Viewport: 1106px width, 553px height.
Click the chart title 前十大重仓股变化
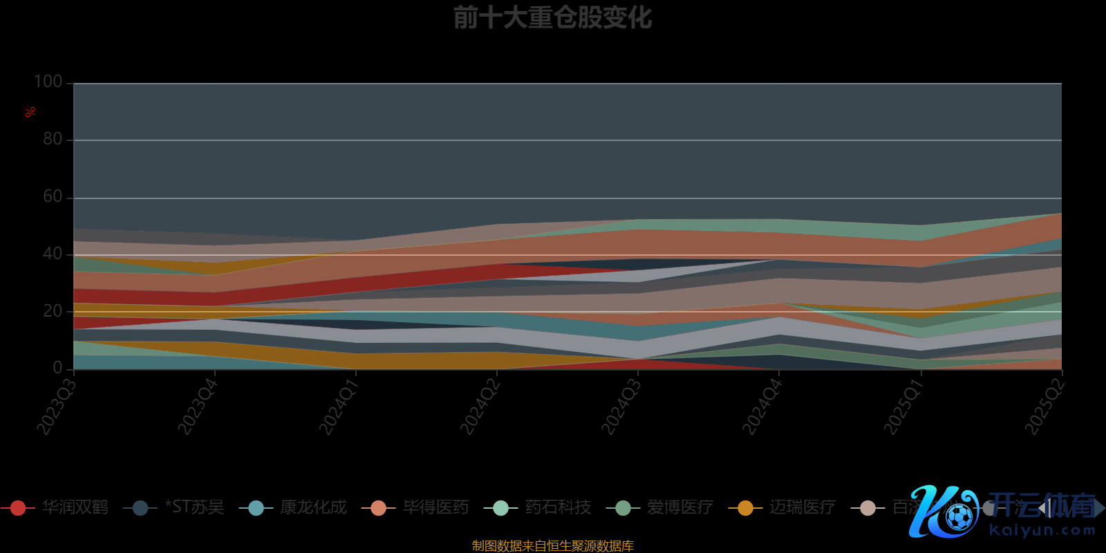tap(552, 18)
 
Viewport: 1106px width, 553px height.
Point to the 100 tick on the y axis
tap(48, 82)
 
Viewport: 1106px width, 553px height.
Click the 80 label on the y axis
tap(53, 139)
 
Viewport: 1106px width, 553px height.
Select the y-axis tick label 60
tap(53, 196)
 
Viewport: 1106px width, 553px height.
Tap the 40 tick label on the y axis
tap(53, 254)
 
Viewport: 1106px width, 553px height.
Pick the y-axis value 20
tap(53, 311)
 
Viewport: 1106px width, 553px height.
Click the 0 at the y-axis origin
tap(57, 368)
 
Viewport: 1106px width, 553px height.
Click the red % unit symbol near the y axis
tap(30, 112)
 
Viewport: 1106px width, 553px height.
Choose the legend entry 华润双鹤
tap(75, 507)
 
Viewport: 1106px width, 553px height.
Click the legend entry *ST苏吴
tap(194, 507)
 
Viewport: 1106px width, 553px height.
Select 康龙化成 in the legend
tap(312, 507)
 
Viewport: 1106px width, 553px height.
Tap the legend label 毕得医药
tap(435, 507)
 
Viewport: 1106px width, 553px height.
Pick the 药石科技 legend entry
tap(558, 507)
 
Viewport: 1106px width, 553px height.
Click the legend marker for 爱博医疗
tap(623, 508)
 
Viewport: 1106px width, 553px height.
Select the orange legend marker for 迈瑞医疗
tap(745, 508)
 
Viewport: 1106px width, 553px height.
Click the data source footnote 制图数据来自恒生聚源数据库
tap(552, 546)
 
